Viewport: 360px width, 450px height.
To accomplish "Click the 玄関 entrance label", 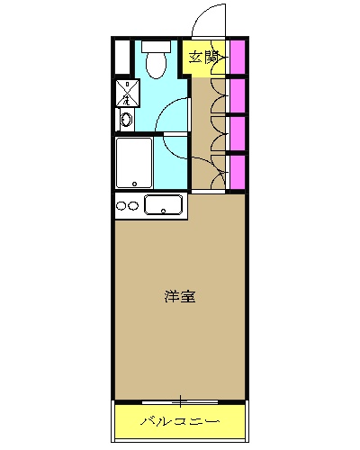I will (203, 57).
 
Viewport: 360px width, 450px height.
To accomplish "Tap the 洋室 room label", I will (181, 296).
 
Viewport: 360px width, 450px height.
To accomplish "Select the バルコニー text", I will (180, 421).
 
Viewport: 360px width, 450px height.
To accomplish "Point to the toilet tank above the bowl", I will (156, 44).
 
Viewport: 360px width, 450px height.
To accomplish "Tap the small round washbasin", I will (126, 117).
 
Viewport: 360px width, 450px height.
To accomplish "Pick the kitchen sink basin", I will (164, 205).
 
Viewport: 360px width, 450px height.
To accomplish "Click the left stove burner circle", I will (121, 206).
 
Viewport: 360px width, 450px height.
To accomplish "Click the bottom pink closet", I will (237, 172).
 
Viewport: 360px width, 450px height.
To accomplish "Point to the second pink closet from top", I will (237, 96).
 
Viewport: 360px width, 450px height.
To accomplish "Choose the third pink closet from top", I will (237, 134).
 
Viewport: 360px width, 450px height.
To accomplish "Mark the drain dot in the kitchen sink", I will (164, 211).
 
